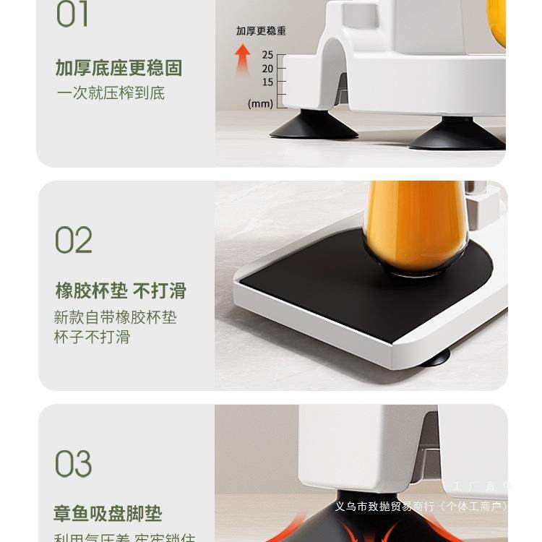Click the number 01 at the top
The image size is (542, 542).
[72, 14]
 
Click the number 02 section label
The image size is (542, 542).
[74, 241]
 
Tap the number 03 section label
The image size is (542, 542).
[74, 465]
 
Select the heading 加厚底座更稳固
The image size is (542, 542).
[119, 69]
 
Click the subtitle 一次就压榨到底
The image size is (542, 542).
[111, 93]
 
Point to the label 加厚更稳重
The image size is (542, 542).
[261, 30]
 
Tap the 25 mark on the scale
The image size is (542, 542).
[267, 55]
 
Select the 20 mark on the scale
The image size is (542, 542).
[267, 69]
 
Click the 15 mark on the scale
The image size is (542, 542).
[267, 82]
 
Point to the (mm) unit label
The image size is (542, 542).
[260, 103]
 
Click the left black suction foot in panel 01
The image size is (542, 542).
[314, 126]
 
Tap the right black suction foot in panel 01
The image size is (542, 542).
[456, 134]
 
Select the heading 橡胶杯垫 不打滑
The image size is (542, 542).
[121, 291]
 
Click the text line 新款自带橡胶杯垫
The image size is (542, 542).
[115, 317]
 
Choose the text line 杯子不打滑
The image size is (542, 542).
[92, 337]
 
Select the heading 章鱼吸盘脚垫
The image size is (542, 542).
[108, 515]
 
